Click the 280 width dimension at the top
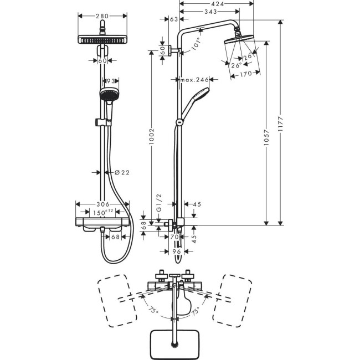click(101, 16)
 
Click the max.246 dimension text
click(194, 80)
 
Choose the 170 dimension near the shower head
click(246, 73)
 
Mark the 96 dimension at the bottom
click(177, 251)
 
